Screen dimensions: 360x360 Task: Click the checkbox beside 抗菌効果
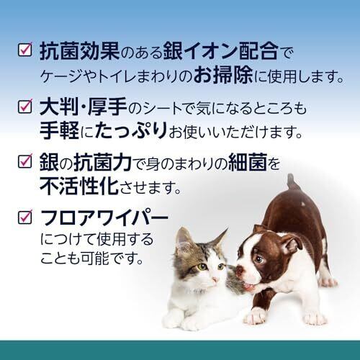(25, 50)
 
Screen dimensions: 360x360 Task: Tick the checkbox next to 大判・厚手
(25, 106)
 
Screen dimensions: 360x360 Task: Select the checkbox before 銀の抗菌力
(25, 161)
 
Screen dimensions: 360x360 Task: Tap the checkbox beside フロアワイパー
(25, 217)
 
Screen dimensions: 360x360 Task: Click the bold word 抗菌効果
(79, 51)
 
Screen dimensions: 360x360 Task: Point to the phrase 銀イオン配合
(221, 51)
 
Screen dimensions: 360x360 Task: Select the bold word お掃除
(223, 75)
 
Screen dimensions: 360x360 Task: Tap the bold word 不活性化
(79, 186)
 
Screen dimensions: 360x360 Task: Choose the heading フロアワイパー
(104, 217)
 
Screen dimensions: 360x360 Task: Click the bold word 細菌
(248, 162)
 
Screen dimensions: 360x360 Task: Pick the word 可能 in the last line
(95, 258)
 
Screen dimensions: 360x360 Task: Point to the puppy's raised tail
(292, 181)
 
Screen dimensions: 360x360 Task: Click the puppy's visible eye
(259, 259)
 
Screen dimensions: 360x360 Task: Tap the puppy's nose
(240, 270)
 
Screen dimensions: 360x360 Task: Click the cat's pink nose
(215, 279)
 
